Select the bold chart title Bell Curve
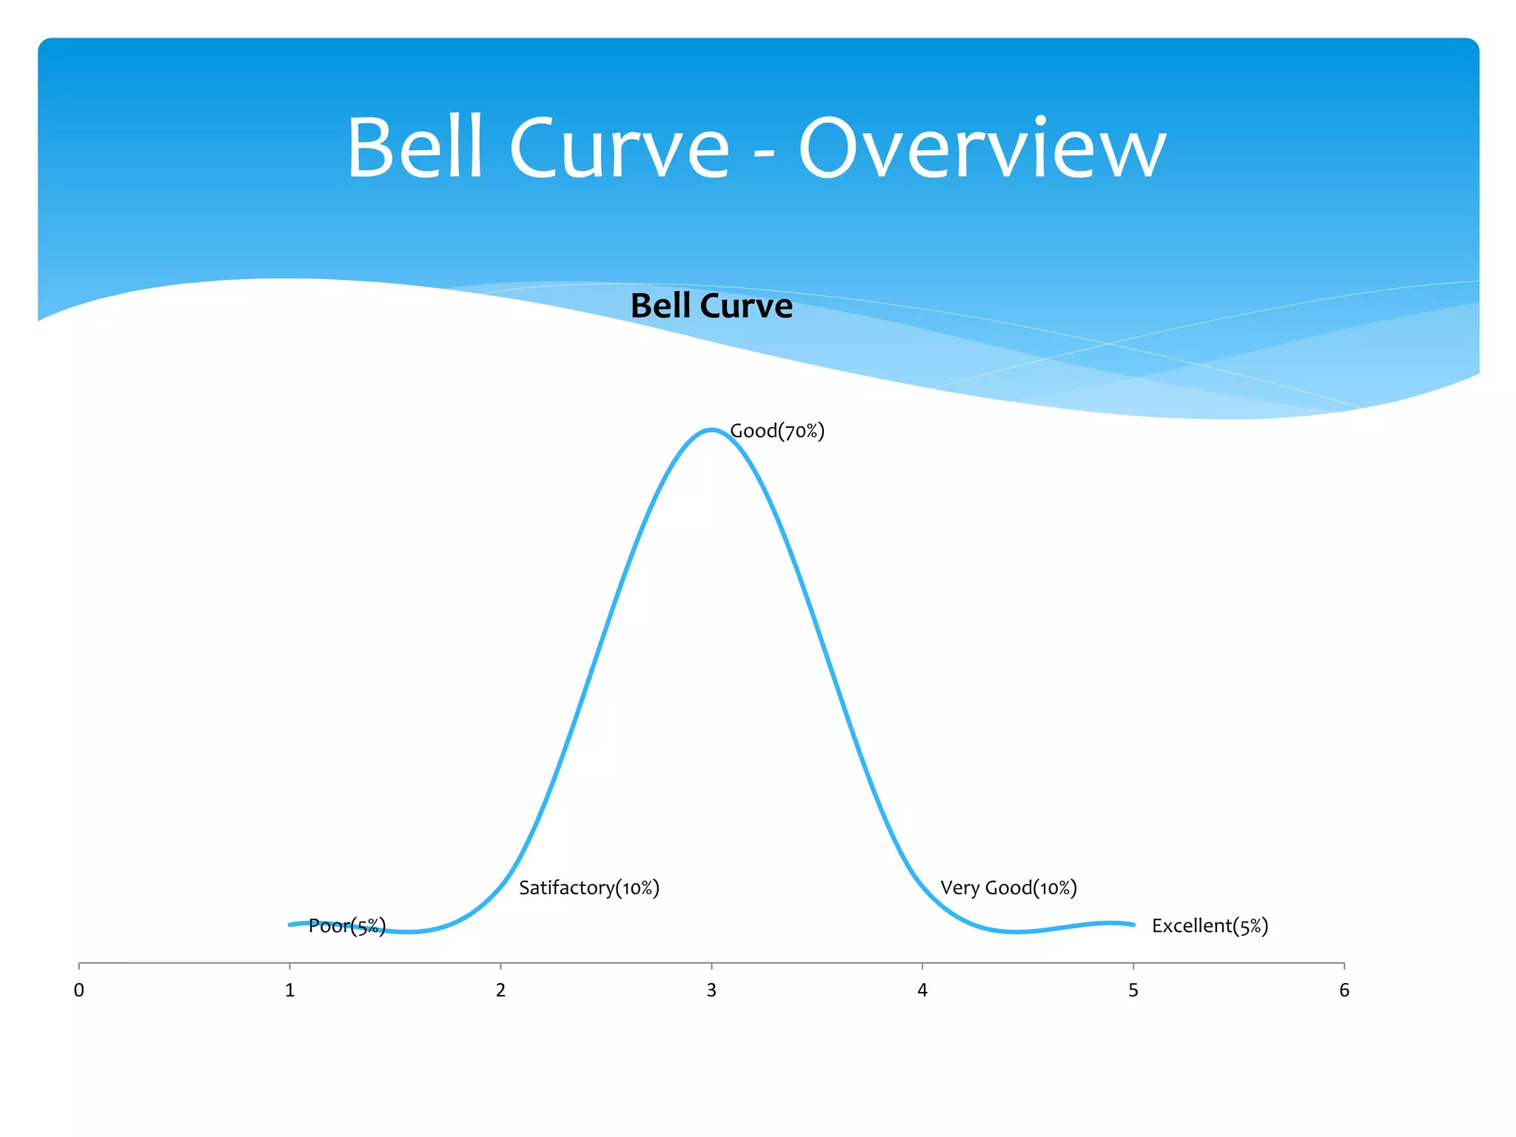pos(711,306)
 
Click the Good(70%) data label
pos(777,431)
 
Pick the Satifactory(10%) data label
pos(588,888)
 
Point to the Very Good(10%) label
pos(1008,888)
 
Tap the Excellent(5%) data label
pos(1210,925)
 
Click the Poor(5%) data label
pos(346,925)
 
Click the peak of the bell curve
pos(711,430)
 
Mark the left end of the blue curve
pos(290,925)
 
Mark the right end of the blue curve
pos(1133,925)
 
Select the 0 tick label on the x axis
pos(79,990)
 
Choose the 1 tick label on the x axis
pos(290,990)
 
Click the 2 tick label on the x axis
pos(500,990)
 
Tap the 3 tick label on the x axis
pos(711,990)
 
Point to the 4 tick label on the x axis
pos(922,990)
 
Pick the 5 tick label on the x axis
pos(1133,990)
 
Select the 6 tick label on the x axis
pos(1344,990)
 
